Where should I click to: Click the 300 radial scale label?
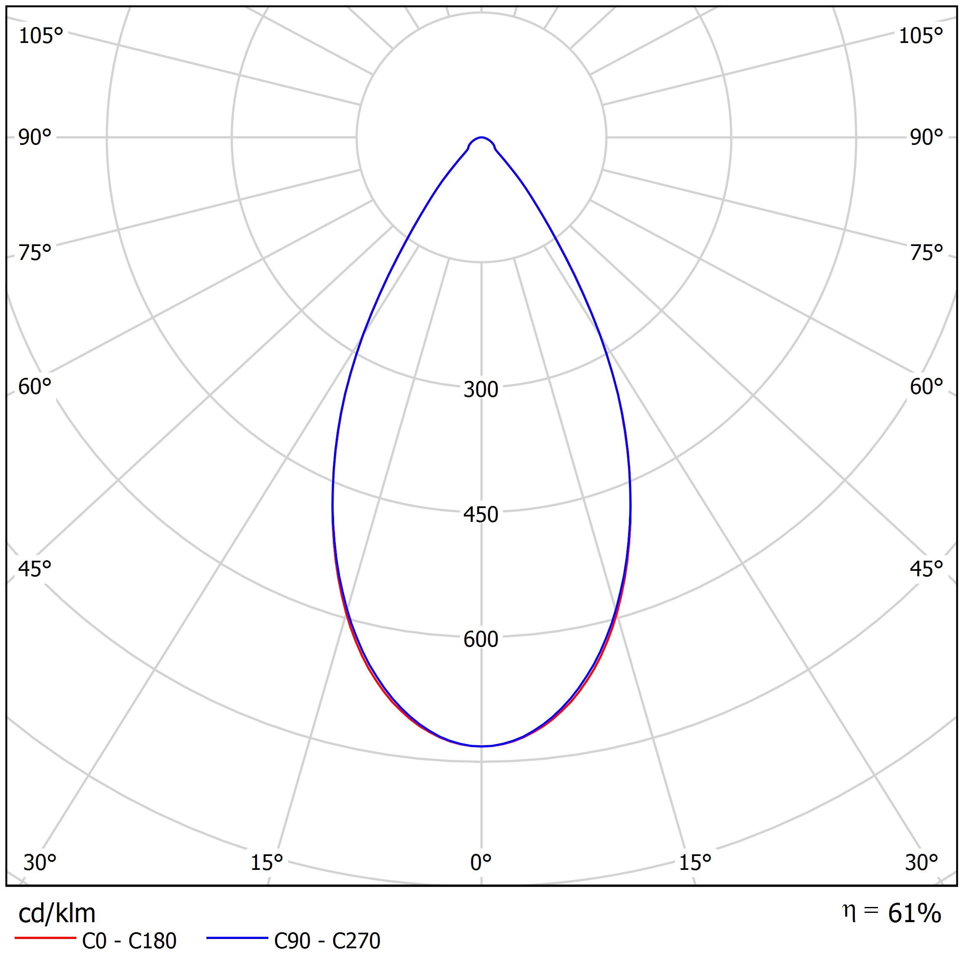(x=481, y=390)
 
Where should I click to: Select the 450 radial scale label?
(x=481, y=515)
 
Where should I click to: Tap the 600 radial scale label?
(x=481, y=639)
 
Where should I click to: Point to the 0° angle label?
(x=481, y=863)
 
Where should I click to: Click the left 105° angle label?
(x=41, y=36)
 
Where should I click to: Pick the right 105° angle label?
(x=920, y=36)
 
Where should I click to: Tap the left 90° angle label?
(x=35, y=138)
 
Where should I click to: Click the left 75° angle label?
(x=35, y=253)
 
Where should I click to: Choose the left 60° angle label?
(x=35, y=387)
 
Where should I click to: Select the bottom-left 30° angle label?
(x=40, y=863)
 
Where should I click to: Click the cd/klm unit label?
(x=57, y=914)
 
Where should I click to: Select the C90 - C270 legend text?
(x=327, y=941)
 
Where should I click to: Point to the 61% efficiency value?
(x=914, y=914)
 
